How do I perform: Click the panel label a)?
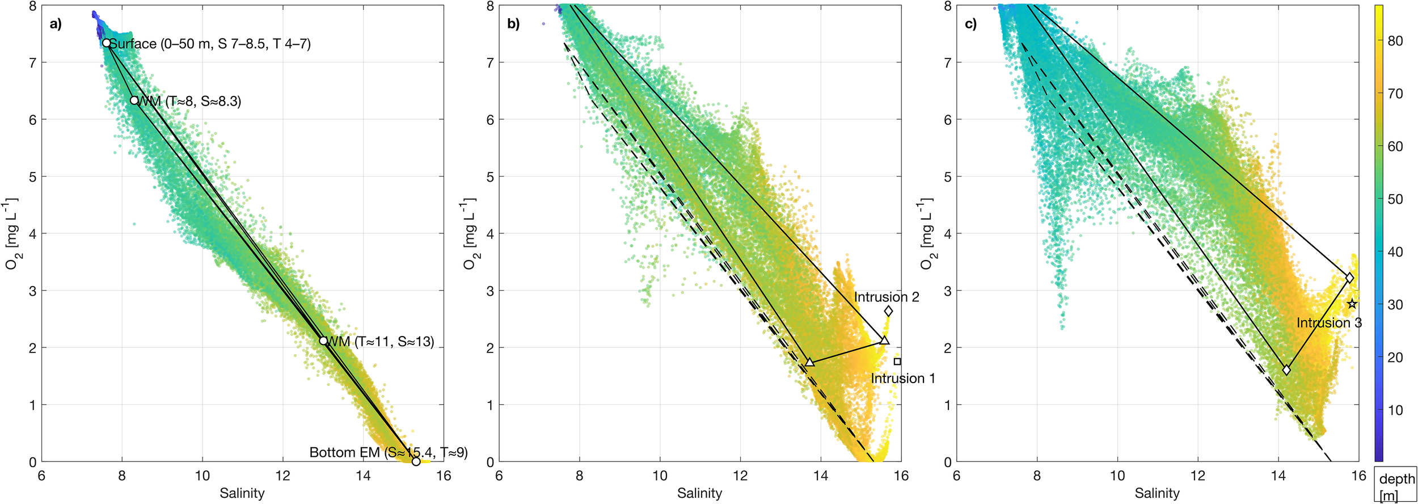(56, 24)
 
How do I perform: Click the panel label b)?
(513, 24)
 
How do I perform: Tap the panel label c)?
(970, 24)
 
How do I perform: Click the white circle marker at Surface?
(106, 43)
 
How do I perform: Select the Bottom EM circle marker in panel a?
(416, 461)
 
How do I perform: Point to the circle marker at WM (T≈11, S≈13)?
(323, 341)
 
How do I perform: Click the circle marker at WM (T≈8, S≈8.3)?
(134, 100)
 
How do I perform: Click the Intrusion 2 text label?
(887, 297)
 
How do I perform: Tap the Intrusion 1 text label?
(903, 378)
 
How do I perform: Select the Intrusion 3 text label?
(1329, 322)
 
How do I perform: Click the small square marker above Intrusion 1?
(897, 362)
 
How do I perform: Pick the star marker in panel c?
(1352, 304)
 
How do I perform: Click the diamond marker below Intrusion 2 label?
(888, 311)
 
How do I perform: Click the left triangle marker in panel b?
(810, 362)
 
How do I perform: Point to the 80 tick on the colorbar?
(1395, 41)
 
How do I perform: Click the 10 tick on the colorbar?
(1395, 410)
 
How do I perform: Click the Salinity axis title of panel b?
(699, 493)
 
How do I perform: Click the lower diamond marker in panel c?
(1286, 370)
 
